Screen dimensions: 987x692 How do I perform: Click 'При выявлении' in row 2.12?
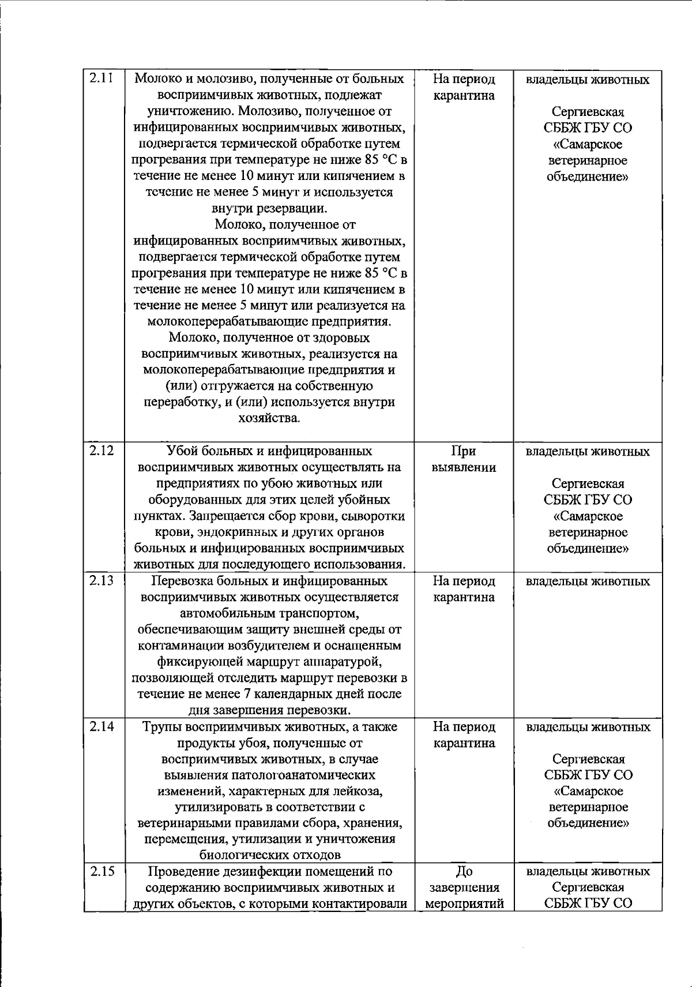tap(464, 459)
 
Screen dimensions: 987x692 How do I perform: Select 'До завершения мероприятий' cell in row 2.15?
tap(464, 887)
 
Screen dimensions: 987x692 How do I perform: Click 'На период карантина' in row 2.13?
tap(464, 589)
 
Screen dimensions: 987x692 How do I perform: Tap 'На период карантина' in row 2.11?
tap(464, 87)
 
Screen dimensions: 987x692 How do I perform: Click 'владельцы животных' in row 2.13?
tap(588, 581)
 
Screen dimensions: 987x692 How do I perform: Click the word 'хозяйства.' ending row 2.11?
tap(269, 418)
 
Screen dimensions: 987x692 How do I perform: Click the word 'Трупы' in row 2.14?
tap(163, 727)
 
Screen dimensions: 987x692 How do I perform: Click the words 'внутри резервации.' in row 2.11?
tap(269, 208)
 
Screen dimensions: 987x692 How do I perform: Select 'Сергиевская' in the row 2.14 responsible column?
tap(588, 759)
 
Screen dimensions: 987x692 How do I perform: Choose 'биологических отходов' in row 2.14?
tap(269, 855)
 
